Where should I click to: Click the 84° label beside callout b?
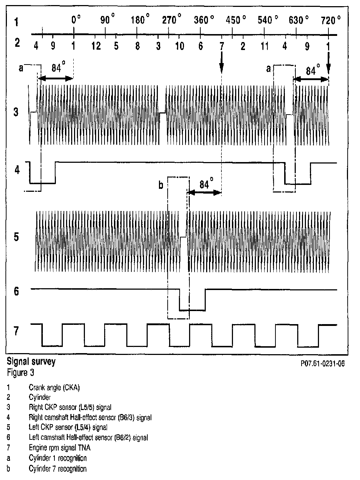point(205,185)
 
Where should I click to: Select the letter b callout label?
point(161,186)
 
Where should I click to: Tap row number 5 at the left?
point(16,237)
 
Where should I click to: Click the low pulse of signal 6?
point(192,310)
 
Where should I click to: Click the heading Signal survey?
point(31,362)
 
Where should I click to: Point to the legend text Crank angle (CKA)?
point(54,388)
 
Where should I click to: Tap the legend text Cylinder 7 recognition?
point(58,469)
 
